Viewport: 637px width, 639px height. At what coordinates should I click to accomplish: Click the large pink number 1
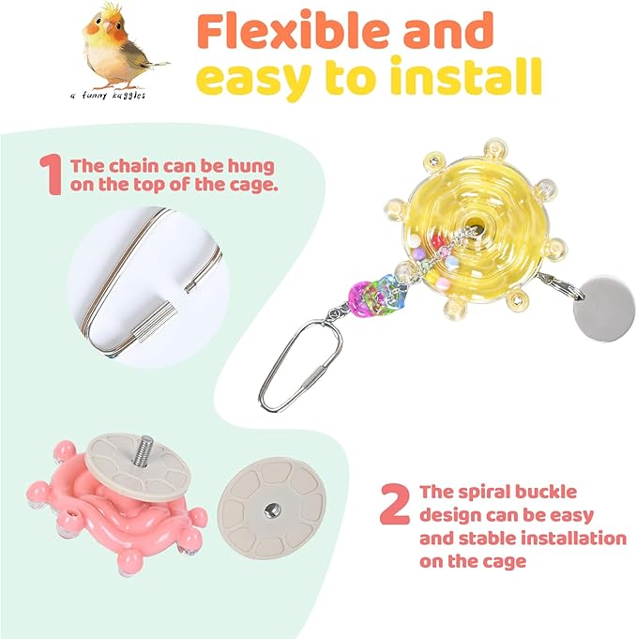pyautogui.click(x=50, y=175)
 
